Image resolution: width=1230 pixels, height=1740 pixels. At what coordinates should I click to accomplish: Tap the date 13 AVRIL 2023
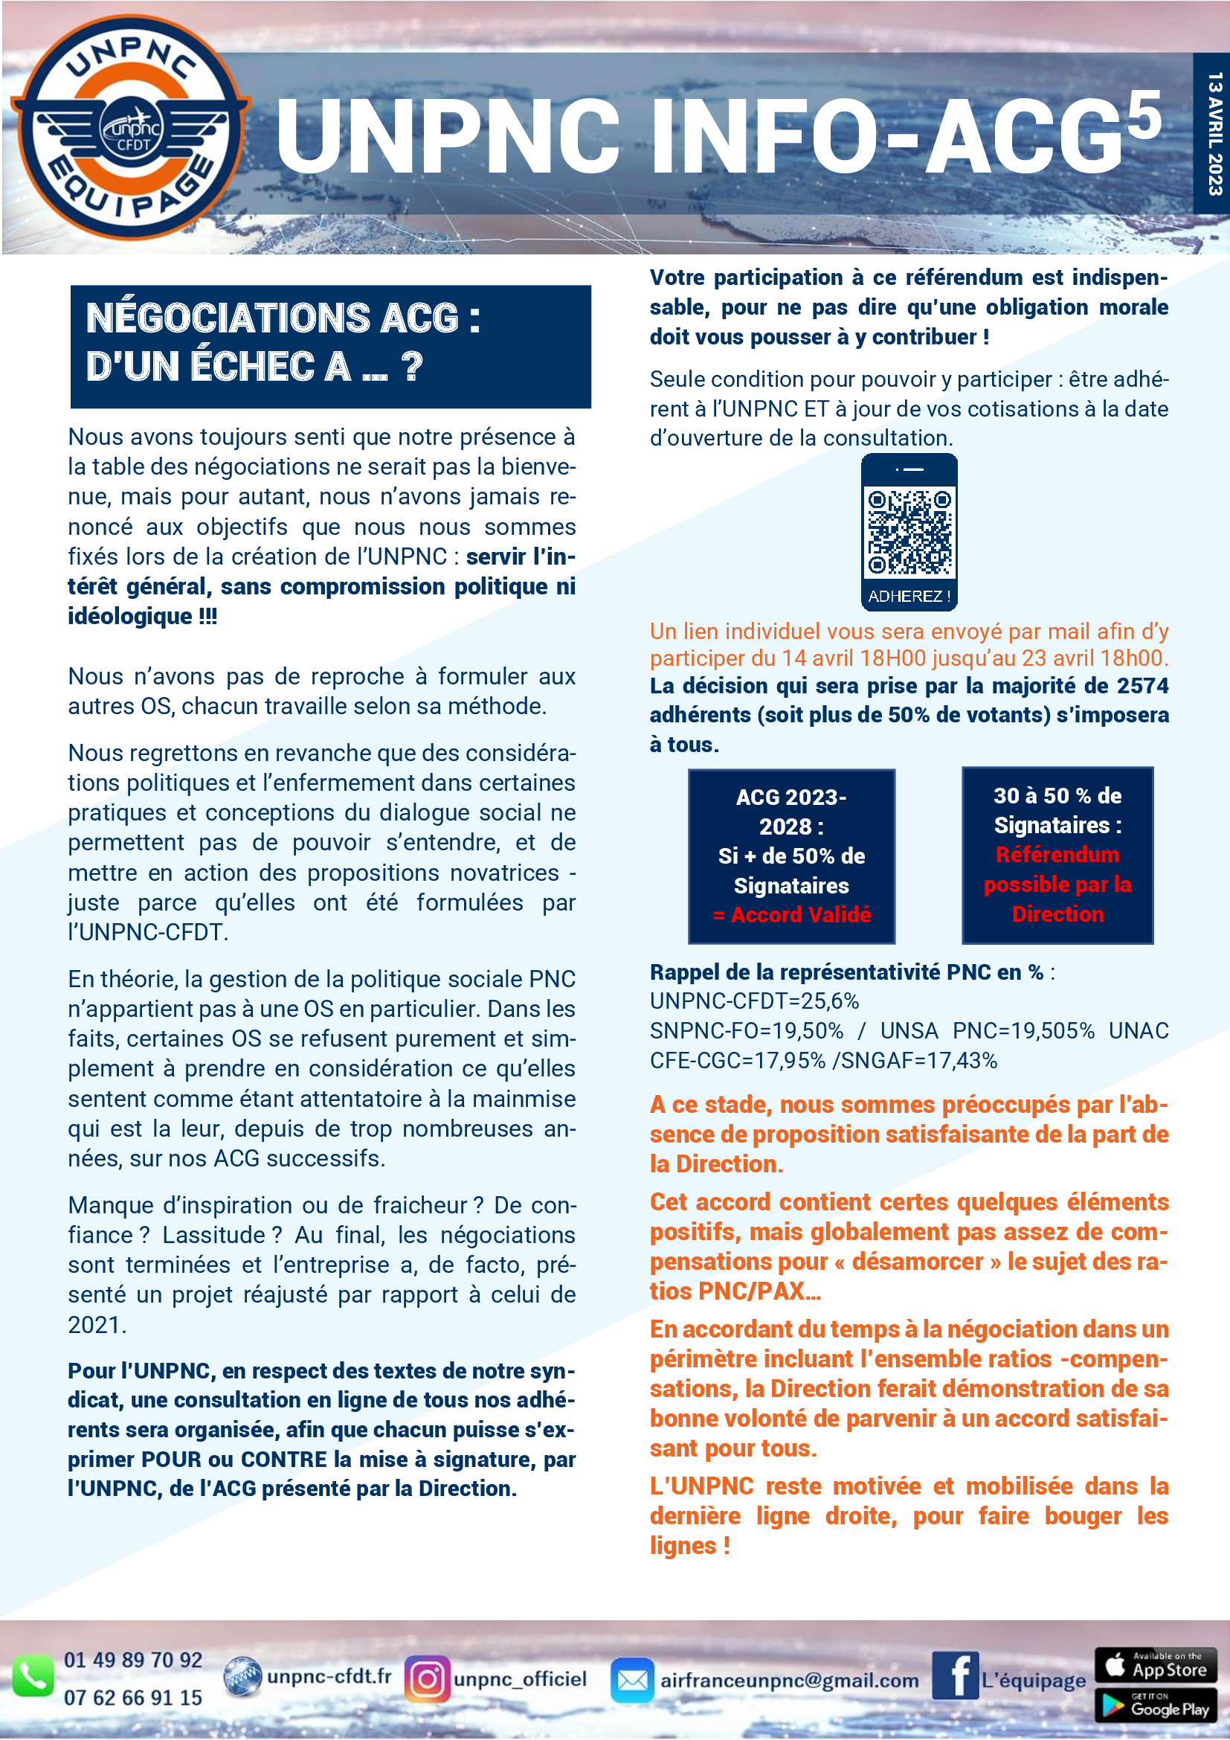[x=1214, y=133]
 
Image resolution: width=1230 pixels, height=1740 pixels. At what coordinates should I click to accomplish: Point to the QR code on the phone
[x=909, y=533]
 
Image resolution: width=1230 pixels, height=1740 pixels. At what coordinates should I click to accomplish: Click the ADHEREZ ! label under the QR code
[x=909, y=597]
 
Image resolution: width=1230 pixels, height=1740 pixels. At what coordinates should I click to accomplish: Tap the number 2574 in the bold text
[x=1143, y=686]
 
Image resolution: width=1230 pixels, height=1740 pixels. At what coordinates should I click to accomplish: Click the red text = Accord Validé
[x=791, y=915]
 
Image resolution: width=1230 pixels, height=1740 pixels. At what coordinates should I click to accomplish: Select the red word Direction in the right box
[x=1057, y=914]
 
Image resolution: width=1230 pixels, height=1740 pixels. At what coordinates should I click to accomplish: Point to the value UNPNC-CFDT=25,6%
[x=754, y=1001]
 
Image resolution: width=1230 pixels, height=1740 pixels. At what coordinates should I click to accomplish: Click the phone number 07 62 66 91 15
[x=133, y=1698]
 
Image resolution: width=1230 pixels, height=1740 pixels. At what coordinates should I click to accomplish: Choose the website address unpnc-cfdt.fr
[x=329, y=1676]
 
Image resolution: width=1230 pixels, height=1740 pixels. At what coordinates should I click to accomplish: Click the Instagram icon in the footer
[x=427, y=1678]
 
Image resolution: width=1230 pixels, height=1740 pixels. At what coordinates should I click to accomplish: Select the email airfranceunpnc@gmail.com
[x=789, y=1680]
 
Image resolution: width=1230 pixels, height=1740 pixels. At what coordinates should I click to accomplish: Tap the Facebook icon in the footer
[x=955, y=1675]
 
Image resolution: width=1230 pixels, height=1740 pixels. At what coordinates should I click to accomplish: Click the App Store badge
[x=1155, y=1664]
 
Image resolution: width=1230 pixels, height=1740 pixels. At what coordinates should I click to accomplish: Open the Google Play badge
[x=1155, y=1705]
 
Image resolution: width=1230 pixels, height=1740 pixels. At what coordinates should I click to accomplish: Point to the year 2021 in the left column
[x=95, y=1325]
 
